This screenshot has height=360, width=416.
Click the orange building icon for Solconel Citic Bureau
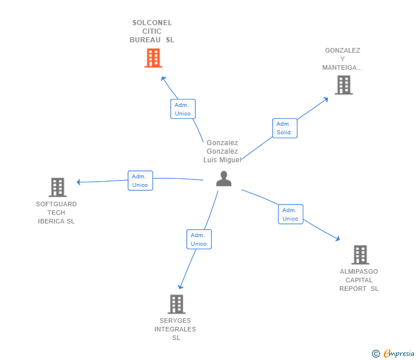(153, 58)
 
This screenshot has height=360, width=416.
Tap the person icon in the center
(223, 179)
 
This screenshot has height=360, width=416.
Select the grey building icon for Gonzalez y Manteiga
(343, 85)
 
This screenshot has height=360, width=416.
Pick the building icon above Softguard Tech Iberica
(57, 187)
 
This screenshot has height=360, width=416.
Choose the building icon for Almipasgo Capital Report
(359, 255)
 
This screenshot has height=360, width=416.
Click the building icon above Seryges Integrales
(176, 304)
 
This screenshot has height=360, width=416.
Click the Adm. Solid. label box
(284, 128)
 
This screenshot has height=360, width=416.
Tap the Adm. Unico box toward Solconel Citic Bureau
(183, 109)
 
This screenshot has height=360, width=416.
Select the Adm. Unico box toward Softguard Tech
(140, 181)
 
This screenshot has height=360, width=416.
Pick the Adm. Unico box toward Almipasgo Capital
(290, 214)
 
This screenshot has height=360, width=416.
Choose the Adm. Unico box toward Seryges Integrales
(199, 239)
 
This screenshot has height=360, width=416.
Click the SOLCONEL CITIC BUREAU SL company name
(152, 31)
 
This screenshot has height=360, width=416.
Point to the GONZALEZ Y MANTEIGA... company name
(342, 59)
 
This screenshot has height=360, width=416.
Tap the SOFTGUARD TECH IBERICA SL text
(56, 213)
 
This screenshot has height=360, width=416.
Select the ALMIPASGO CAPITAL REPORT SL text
(359, 280)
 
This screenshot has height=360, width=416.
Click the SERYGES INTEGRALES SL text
(175, 329)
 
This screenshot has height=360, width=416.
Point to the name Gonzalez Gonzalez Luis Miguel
(222, 151)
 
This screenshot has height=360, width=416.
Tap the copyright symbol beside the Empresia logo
(376, 354)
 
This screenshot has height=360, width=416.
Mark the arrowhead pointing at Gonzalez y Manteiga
(326, 99)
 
